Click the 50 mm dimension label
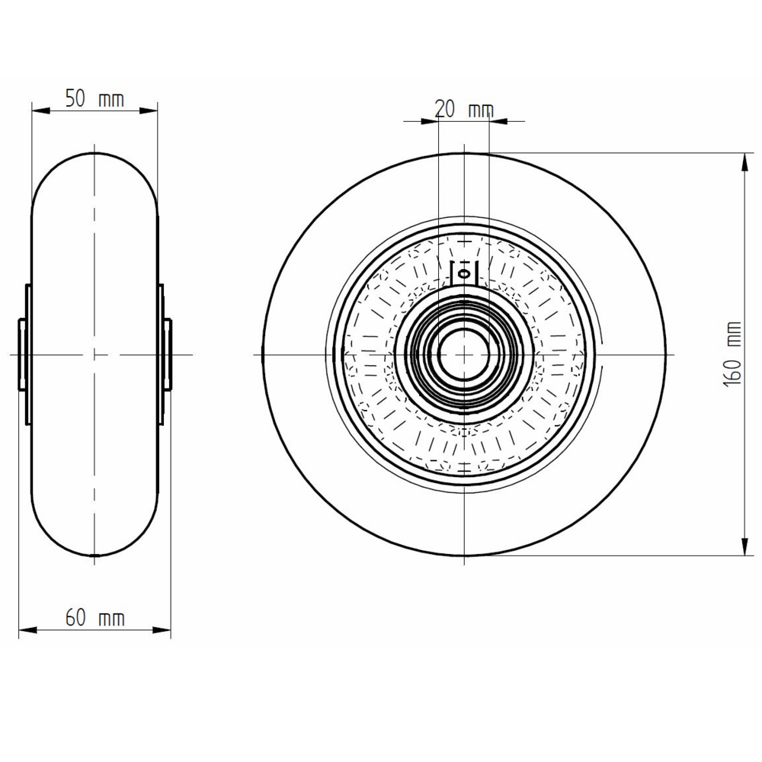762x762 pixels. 94,99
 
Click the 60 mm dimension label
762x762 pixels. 95,619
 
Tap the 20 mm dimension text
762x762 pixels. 464,109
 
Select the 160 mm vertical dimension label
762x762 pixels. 732,354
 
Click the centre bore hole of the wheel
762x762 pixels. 464,354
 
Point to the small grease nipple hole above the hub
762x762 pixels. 464,274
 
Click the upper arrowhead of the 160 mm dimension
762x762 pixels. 744,162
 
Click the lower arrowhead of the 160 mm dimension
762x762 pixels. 744,546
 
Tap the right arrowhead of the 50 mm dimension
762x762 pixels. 149,111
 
